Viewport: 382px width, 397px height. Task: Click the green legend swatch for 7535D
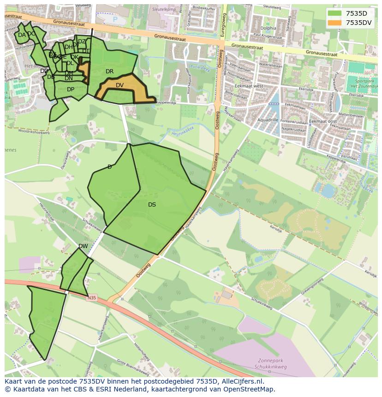[335, 13]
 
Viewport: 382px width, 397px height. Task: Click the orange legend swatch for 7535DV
[335, 22]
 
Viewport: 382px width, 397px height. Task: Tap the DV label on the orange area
[119, 85]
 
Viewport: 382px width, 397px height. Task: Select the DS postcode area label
[152, 205]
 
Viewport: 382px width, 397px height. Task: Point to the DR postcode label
[109, 71]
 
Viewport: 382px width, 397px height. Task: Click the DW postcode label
[83, 246]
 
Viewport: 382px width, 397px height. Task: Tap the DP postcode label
[71, 89]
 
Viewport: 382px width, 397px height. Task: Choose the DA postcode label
[22, 35]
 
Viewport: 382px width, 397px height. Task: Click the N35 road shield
[92, 298]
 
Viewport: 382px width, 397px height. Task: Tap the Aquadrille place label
[268, 119]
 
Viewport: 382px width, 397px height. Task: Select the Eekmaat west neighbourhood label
[249, 86]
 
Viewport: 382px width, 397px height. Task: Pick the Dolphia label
[268, 28]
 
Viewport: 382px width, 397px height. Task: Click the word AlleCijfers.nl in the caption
[241, 381]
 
